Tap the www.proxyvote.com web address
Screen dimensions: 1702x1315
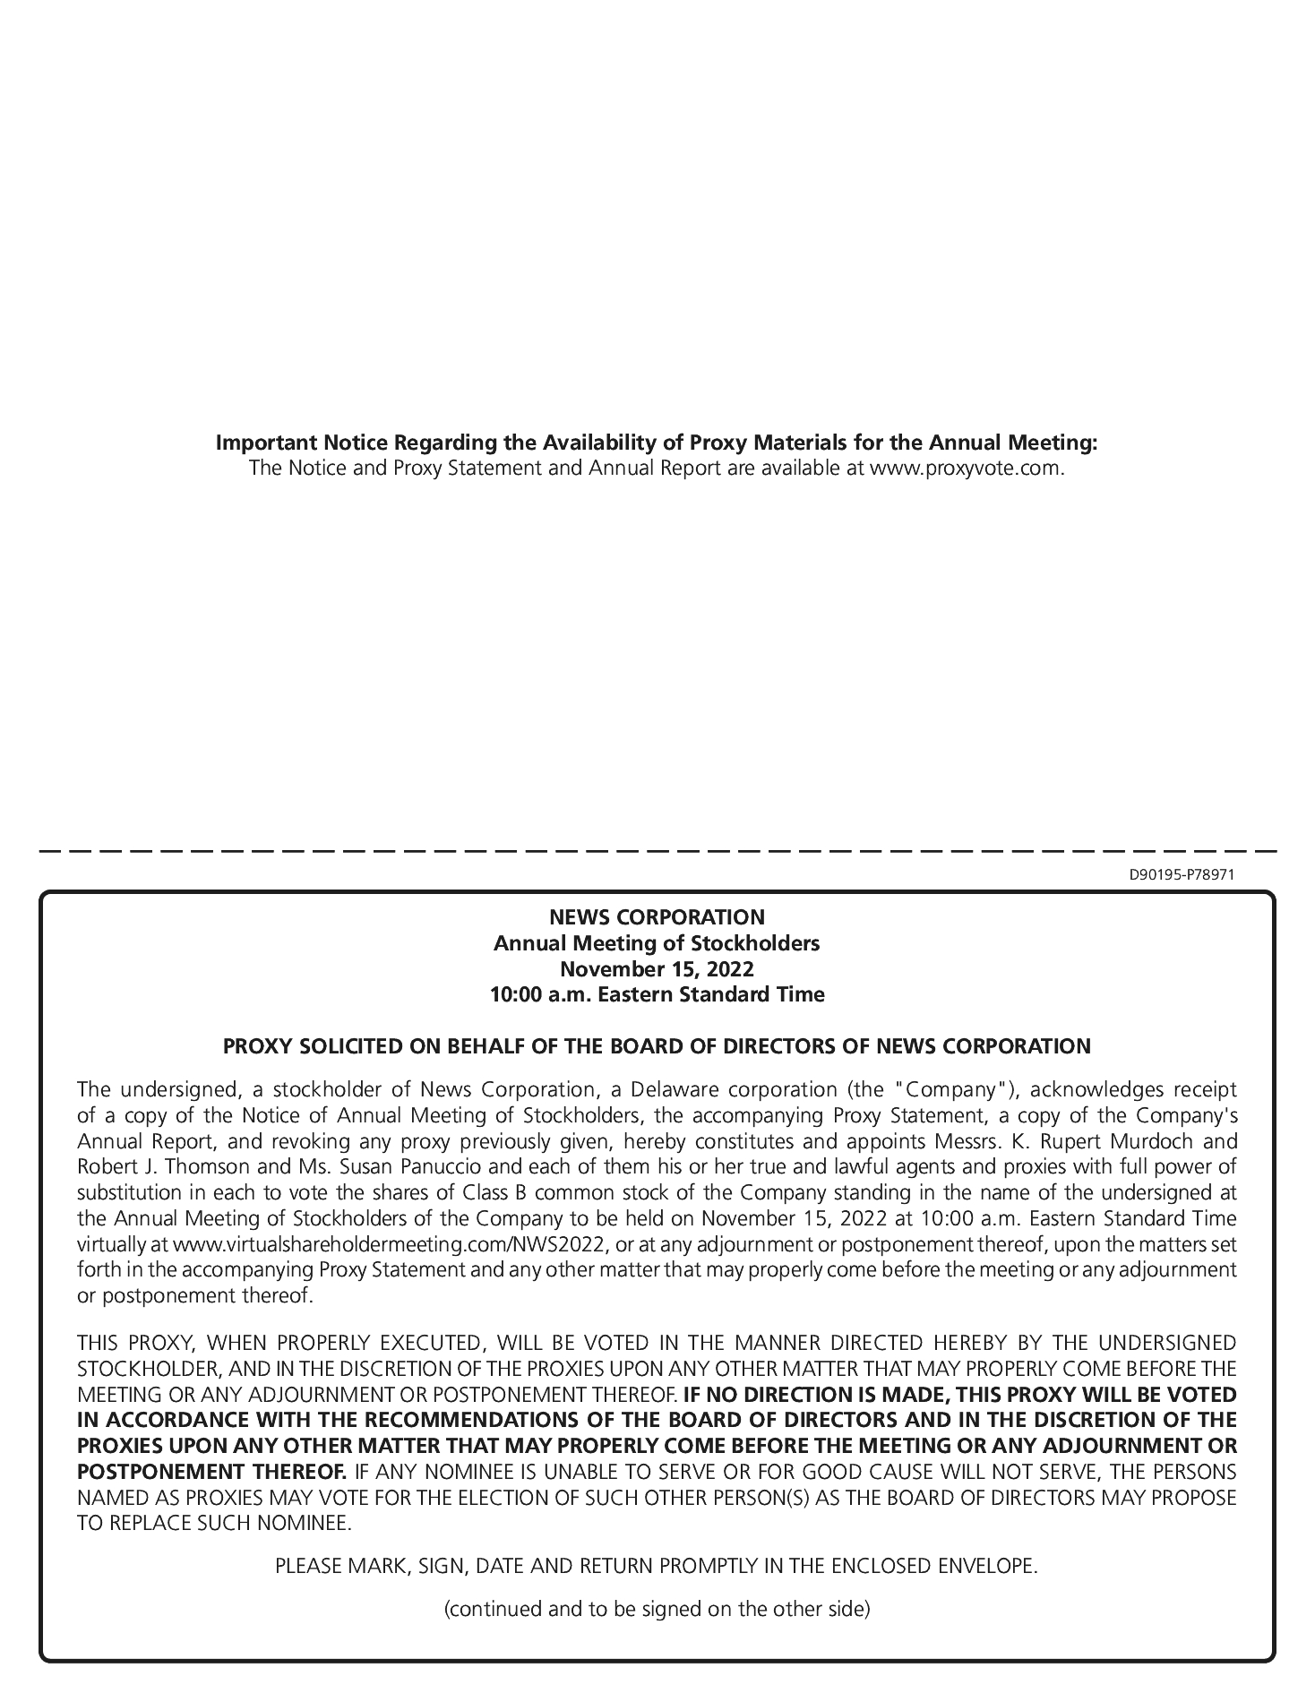pyautogui.click(x=967, y=468)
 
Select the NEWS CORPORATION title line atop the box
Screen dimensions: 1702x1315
pyautogui.click(x=657, y=917)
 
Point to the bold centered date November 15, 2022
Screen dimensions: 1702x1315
pyautogui.click(x=657, y=969)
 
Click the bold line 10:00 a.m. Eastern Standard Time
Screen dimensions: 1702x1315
pyautogui.click(x=657, y=994)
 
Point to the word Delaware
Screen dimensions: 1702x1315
pyautogui.click(x=674, y=1090)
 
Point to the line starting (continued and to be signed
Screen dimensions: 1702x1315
pyautogui.click(x=657, y=1609)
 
